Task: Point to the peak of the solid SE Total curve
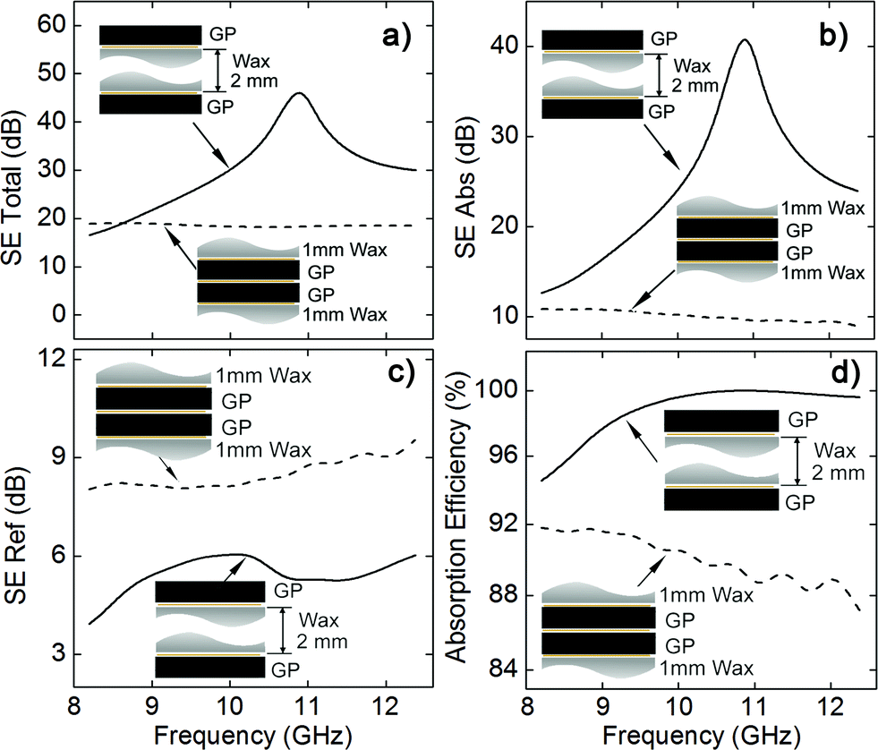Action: [299, 94]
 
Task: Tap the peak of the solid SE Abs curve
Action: [744, 40]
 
